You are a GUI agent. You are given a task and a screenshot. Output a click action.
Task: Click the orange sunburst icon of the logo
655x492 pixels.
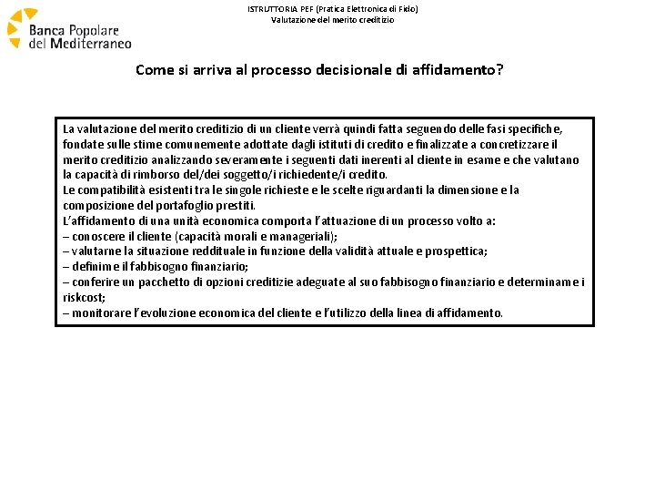click(x=20, y=27)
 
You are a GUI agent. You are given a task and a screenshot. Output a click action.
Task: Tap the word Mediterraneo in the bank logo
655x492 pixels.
click(x=90, y=43)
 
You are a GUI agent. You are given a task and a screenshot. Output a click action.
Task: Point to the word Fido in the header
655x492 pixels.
click(x=408, y=8)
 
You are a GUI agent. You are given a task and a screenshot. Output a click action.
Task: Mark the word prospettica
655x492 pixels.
click(x=453, y=251)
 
